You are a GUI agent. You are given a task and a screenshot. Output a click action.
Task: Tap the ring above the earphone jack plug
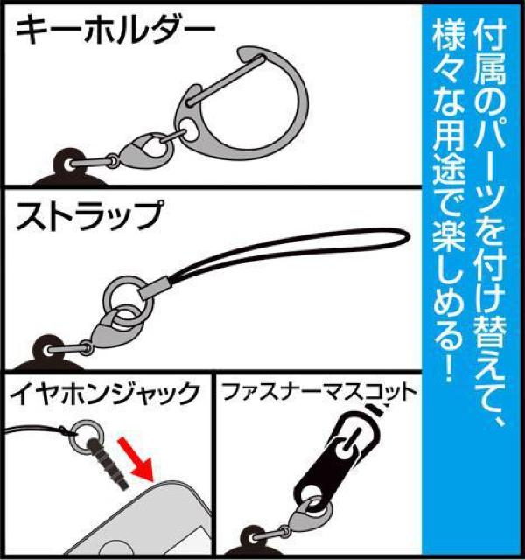click(x=86, y=430)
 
